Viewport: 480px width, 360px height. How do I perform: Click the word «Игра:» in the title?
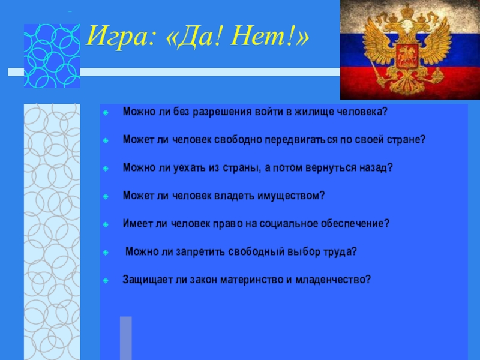click(x=121, y=37)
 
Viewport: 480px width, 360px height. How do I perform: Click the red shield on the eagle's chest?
click(x=407, y=56)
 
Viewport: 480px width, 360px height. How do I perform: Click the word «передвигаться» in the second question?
click(x=301, y=140)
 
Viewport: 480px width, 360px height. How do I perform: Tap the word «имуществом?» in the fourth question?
click(x=291, y=196)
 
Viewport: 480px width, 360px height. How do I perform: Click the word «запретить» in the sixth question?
click(x=200, y=251)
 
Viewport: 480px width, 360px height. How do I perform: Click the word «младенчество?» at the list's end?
click(x=333, y=280)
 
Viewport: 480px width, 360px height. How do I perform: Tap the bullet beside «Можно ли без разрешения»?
click(x=106, y=113)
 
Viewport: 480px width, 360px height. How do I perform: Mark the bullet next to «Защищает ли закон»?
click(x=106, y=280)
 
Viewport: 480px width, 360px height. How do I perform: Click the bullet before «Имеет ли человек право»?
click(x=106, y=224)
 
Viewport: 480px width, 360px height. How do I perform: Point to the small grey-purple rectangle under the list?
click(x=126, y=338)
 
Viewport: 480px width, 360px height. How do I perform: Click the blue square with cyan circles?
click(x=52, y=56)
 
